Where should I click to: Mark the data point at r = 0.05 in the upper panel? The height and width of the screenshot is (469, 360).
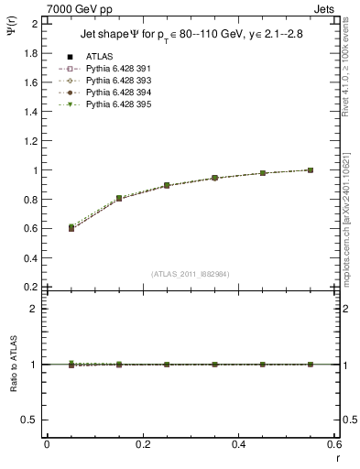pos(47,227)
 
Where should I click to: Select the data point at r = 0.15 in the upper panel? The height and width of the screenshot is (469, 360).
pos(119,198)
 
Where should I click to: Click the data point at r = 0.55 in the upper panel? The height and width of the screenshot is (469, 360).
pos(311,170)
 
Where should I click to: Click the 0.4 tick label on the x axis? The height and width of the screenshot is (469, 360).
pos(239,443)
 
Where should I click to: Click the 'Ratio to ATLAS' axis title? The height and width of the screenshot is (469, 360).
pos(13,365)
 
